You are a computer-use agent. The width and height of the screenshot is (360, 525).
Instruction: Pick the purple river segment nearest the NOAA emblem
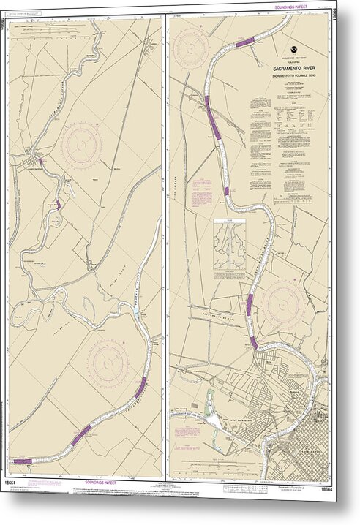pyautogui.click(x=244, y=42)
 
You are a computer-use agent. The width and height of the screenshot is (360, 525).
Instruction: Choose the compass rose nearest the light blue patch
pyautogui.click(x=109, y=361)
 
